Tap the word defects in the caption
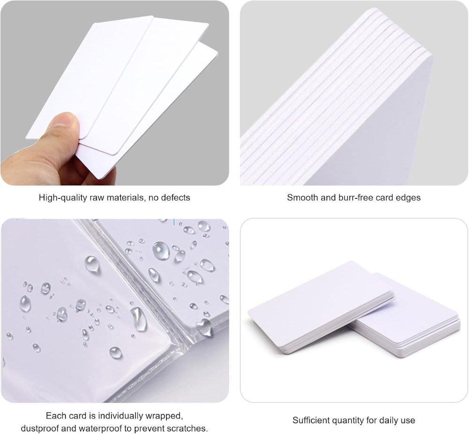tap(175, 198)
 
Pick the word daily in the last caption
tap(386, 420)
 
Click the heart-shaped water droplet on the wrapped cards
tap(204, 327)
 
